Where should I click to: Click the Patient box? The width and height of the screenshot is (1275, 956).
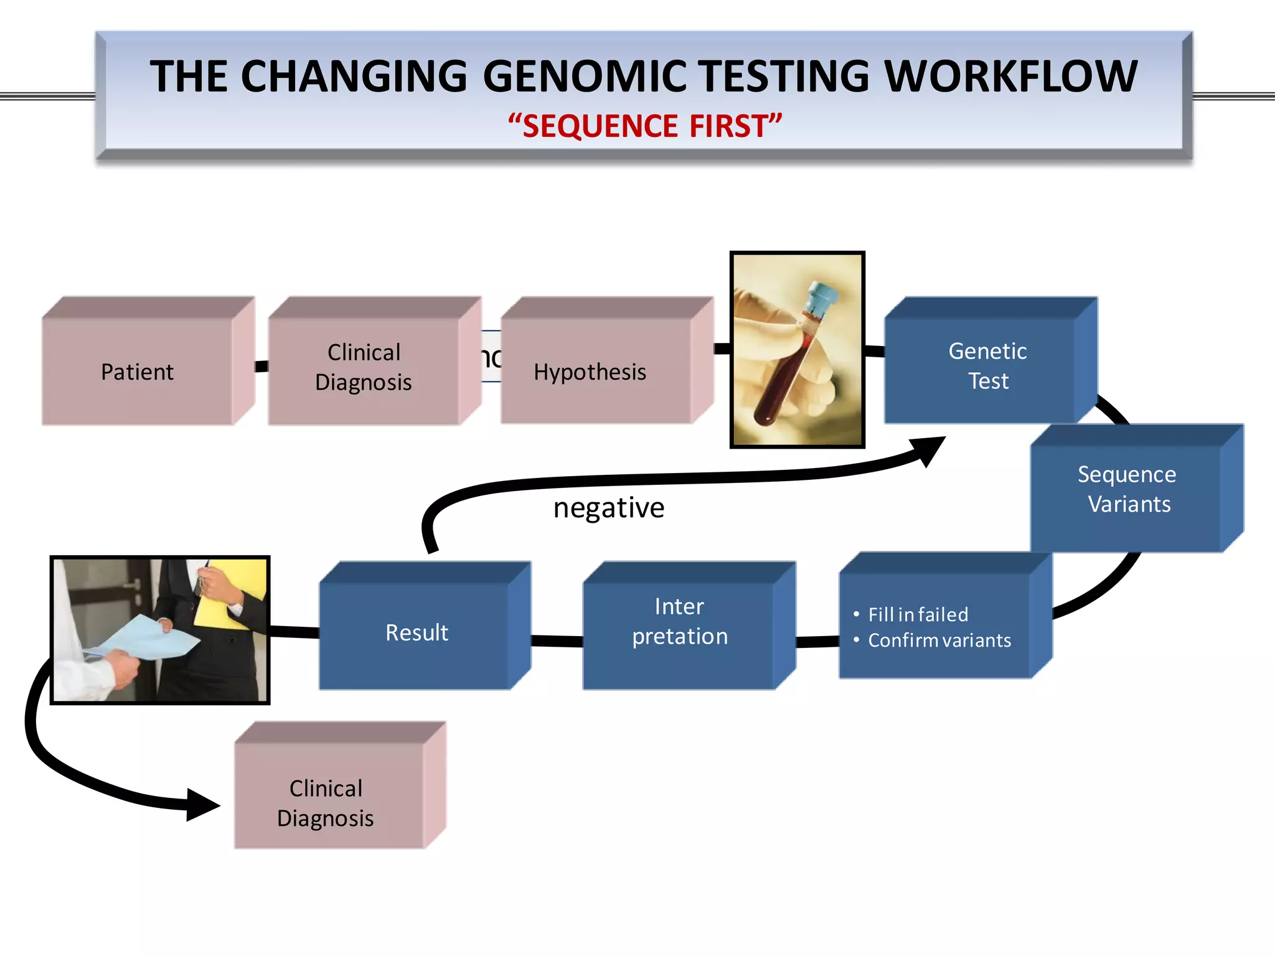pos(138,372)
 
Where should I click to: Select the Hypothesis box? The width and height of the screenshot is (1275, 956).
pos(590,372)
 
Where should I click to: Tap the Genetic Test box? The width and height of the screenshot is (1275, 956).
pos(987,365)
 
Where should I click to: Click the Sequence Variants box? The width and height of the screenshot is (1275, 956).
pos(1127,489)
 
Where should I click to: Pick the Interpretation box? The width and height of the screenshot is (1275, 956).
pos(680,622)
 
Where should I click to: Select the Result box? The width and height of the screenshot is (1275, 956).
pos(416,632)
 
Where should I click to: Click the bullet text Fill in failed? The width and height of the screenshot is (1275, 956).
pos(918,615)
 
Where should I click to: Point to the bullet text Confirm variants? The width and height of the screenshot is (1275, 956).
pos(939,640)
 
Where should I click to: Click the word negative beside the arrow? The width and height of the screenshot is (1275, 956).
pos(609,508)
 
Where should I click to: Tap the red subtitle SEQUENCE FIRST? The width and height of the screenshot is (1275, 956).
pos(645,126)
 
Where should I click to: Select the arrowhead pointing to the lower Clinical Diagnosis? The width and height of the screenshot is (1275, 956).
pos(202,805)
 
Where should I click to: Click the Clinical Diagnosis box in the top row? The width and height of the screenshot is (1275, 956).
pos(364,367)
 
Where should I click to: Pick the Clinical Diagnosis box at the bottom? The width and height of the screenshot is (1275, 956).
pos(326,803)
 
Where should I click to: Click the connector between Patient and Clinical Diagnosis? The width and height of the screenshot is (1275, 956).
pos(261,366)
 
